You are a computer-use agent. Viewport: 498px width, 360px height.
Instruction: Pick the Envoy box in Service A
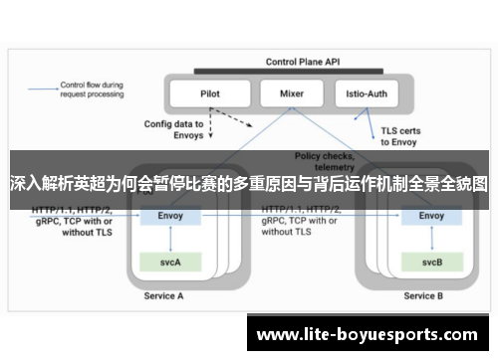(172, 215)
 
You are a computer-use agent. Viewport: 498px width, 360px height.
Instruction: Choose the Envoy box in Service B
(431, 215)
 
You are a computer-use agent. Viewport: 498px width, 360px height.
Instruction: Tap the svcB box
(431, 263)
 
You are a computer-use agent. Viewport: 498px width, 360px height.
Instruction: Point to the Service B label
(424, 296)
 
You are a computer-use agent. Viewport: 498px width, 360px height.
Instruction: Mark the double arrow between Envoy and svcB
(431, 239)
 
